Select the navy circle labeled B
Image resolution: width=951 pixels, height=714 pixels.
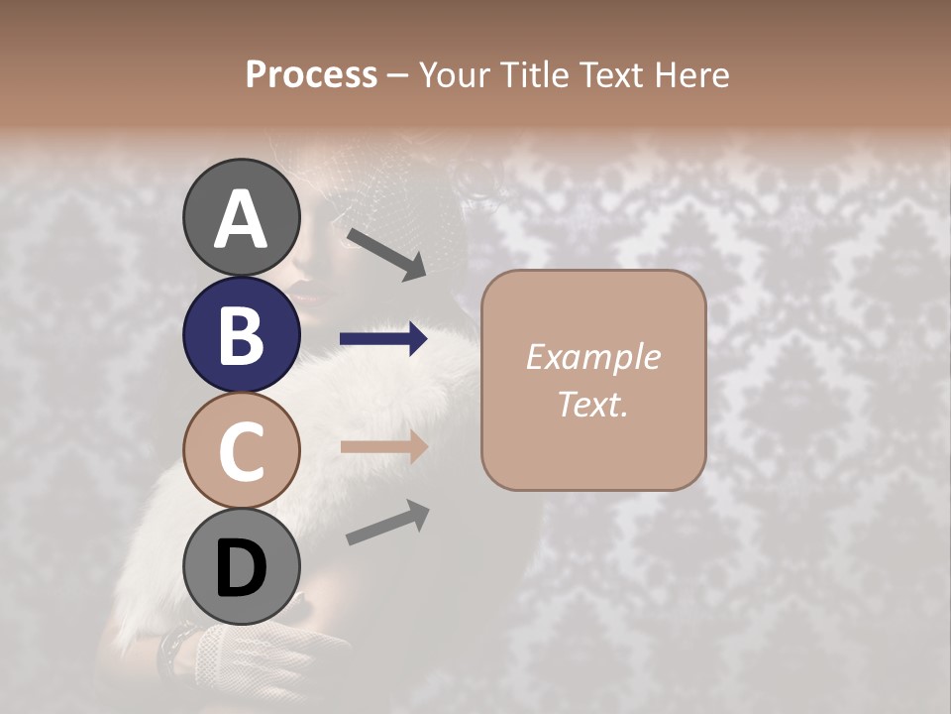242,335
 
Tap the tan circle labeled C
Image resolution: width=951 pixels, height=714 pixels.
242,450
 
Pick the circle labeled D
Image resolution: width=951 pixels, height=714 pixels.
242,567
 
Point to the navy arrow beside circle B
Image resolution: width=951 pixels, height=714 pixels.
383,340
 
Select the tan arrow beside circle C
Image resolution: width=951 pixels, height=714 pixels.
383,446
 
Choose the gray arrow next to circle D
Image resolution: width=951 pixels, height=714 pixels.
387,523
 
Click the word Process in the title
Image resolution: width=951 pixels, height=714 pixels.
311,75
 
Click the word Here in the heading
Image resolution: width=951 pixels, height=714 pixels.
692,75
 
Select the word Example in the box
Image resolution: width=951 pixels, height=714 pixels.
592,358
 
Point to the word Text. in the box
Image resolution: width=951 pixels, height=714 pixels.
592,405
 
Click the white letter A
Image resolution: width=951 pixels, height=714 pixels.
242,220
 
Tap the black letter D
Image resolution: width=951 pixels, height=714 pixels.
242,568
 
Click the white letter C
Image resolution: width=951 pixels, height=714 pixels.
242,452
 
